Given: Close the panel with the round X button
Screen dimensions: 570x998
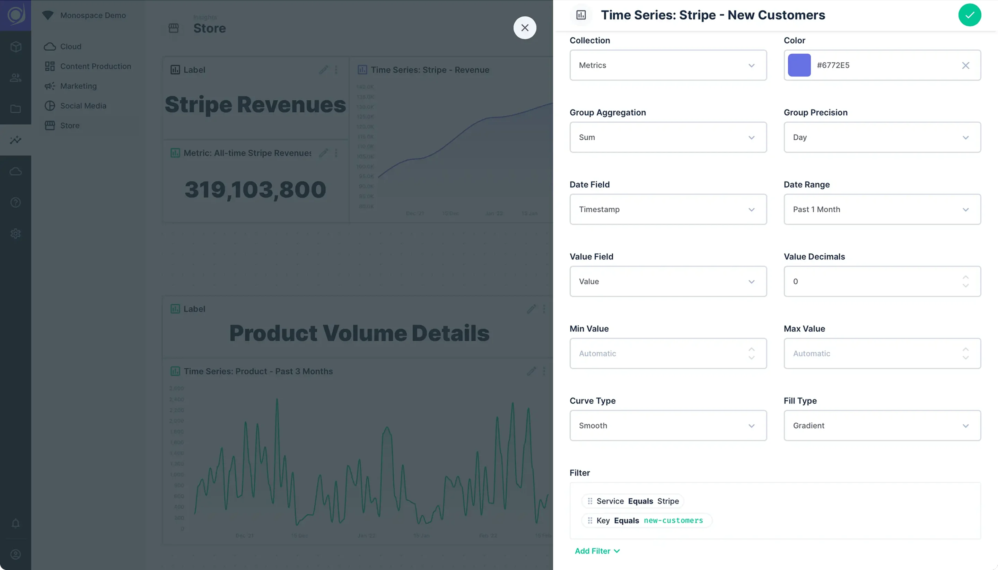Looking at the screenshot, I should click(525, 28).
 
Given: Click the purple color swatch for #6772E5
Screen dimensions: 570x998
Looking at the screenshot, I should click(799, 65).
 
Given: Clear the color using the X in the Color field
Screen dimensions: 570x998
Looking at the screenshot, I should click(965, 65).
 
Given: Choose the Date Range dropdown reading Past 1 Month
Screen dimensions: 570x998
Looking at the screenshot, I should click(882, 209).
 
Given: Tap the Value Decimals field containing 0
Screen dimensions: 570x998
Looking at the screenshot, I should click(873, 281).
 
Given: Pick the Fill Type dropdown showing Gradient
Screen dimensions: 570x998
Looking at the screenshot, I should click(882, 426).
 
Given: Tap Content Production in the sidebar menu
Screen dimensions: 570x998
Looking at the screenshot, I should click(95, 66).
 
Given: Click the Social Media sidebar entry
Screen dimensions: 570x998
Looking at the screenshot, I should click(83, 106).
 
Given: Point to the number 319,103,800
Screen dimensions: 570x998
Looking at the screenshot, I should click(255, 190).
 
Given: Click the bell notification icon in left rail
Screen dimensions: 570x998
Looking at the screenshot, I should click(16, 524).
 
